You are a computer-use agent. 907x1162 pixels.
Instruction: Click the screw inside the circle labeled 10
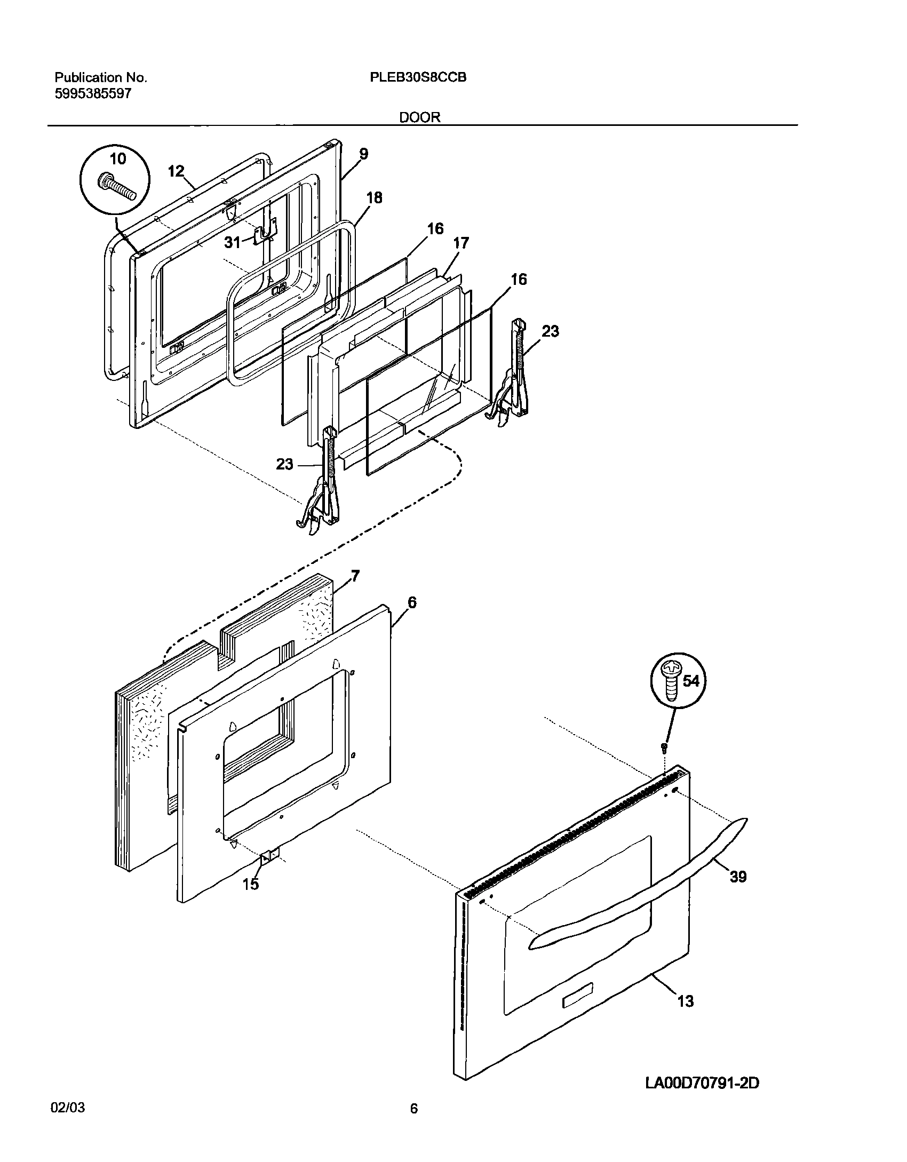click(116, 187)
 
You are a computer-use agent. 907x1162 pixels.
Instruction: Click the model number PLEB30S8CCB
click(418, 77)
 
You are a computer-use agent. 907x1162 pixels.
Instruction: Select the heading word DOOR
click(420, 117)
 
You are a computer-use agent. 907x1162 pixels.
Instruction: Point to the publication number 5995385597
click(93, 94)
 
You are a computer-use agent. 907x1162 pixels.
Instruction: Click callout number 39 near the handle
click(738, 876)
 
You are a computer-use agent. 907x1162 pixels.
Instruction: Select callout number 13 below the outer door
click(685, 1001)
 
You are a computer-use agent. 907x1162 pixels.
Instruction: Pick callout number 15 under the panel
click(251, 884)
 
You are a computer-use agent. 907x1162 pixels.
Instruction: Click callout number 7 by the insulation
click(355, 576)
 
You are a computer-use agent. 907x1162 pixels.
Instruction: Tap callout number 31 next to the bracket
click(232, 243)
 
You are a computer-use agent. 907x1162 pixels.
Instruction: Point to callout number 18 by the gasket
click(374, 197)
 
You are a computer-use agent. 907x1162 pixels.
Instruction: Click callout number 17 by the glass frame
click(460, 243)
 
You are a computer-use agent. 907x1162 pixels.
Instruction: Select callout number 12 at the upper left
click(176, 171)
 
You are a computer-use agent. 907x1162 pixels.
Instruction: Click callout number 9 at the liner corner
click(363, 154)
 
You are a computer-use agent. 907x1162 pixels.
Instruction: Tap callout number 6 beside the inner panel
click(411, 602)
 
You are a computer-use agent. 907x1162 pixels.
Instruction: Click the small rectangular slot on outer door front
click(578, 1001)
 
